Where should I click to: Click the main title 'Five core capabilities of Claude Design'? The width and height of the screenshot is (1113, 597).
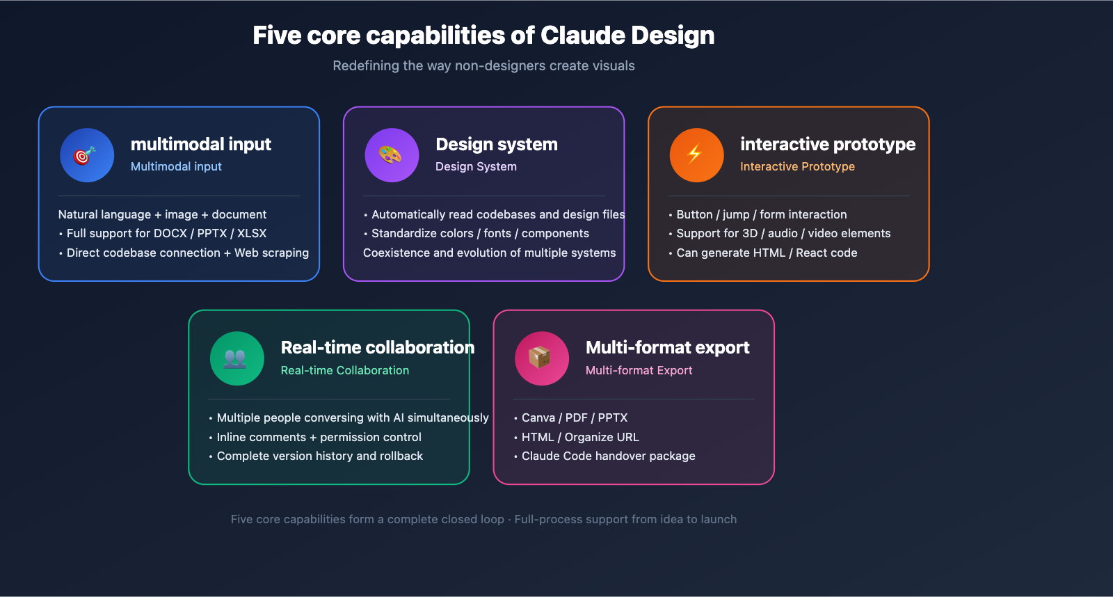(x=483, y=35)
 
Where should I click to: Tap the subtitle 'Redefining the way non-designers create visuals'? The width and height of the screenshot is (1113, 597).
(x=483, y=66)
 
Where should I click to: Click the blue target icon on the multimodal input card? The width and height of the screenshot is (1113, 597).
(x=87, y=155)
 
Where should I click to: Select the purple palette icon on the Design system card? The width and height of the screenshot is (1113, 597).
(x=392, y=155)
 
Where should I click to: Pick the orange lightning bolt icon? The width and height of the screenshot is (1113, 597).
(x=696, y=155)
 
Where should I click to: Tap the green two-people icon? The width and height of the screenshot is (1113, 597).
(x=237, y=358)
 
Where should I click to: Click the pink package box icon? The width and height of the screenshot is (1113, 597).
(x=541, y=358)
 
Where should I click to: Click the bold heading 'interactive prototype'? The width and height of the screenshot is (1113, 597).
(x=828, y=144)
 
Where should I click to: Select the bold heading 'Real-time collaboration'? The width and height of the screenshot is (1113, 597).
(x=377, y=347)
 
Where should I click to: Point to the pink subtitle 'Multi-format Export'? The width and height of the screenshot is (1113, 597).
(x=639, y=371)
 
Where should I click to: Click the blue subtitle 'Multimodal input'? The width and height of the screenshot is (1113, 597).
(x=176, y=167)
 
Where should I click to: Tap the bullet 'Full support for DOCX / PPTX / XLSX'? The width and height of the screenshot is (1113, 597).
(x=166, y=234)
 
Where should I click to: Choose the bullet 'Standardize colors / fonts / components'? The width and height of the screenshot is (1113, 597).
(x=480, y=234)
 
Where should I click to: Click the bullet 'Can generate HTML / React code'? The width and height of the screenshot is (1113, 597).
(x=767, y=253)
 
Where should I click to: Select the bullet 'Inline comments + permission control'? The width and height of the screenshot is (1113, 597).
(x=319, y=438)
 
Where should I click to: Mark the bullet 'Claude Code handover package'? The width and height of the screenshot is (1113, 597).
(x=608, y=456)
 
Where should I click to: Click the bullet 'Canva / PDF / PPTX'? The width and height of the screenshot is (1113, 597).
(x=574, y=418)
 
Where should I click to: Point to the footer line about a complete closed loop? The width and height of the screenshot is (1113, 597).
(x=483, y=520)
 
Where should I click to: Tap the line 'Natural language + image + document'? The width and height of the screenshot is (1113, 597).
(x=162, y=215)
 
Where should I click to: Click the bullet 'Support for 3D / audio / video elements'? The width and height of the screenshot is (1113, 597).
(x=783, y=234)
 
